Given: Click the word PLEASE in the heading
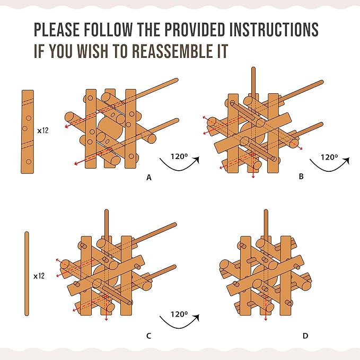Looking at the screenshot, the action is point(57,29).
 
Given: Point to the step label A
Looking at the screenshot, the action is point(149,178).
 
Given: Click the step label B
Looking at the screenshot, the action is point(301,177).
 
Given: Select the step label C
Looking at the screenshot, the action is point(149,336).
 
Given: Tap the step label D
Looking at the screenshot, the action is point(305,336).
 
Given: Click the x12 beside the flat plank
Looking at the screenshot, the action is point(43,130).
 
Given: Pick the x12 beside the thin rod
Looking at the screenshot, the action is point(39,276).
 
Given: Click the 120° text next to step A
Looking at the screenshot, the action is point(179,156).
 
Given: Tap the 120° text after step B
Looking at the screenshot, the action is point(329,157).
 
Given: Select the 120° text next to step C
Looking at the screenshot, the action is point(179,314).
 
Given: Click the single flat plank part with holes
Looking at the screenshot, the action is point(28,131).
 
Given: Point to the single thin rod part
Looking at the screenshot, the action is point(27,274).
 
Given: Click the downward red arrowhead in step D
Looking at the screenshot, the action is point(266,319).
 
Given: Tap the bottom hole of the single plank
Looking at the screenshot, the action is point(29,161).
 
